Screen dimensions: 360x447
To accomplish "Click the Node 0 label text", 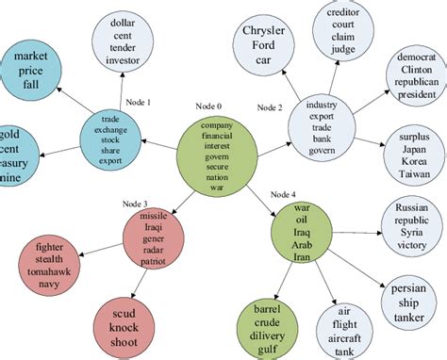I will [x=209, y=105].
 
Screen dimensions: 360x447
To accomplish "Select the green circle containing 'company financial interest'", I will [x=217, y=158].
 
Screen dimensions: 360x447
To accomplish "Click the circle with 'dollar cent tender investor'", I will [x=131, y=41].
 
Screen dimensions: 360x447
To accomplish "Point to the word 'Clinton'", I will [x=412, y=68].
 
